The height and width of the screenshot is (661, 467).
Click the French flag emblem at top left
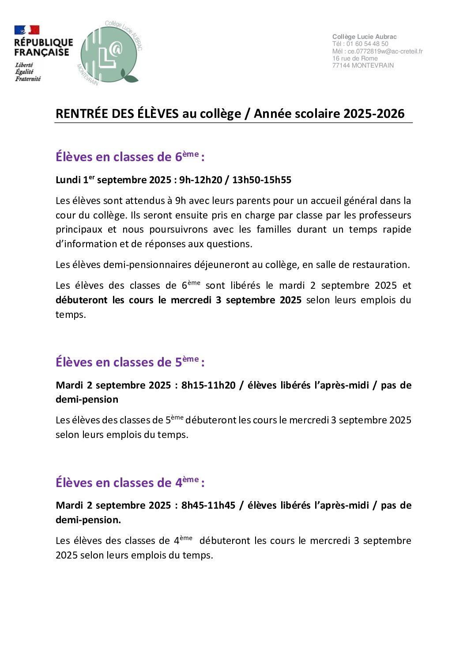point(27,30)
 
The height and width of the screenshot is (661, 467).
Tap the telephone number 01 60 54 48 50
point(367,44)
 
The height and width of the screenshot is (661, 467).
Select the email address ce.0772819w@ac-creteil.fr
point(385,51)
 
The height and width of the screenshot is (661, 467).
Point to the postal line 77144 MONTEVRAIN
point(363,65)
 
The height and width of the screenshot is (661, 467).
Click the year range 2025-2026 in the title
point(374,113)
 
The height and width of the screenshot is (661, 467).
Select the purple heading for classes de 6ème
point(130,157)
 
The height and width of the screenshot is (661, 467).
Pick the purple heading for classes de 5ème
point(130,362)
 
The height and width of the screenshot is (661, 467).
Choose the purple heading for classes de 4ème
point(130,483)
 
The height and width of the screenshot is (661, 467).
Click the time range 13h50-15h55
point(262,180)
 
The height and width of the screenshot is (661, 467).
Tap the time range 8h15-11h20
point(208,385)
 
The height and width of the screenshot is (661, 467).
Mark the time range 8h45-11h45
point(208,505)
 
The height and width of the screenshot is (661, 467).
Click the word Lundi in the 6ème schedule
point(68,180)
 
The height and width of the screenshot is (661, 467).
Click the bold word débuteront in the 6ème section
point(82,300)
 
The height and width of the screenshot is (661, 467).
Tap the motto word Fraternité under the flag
point(28,79)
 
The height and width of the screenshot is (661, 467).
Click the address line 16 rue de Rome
point(355,58)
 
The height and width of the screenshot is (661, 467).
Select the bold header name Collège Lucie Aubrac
point(364,37)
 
